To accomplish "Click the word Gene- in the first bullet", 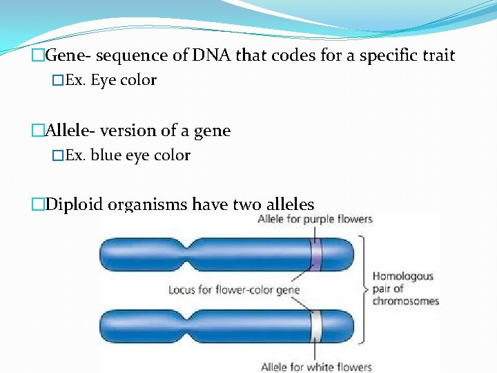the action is coord(70,56).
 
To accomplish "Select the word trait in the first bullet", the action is coord(436,56).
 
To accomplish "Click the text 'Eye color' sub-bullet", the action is coord(124,81).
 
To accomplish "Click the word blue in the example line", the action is coord(106,155).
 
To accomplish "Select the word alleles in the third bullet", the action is coord(286,205).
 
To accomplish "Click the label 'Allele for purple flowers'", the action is coord(315,220).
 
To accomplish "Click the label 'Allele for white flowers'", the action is coord(316,367).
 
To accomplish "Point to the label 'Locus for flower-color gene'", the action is coord(234,290).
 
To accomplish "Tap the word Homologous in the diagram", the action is coord(403,276).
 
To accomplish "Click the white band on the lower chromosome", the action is coord(316,327).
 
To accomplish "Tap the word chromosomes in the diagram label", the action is coord(406,301).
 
